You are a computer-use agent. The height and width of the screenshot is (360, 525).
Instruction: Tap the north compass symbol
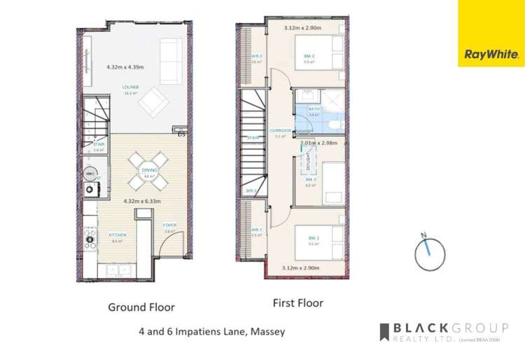[427, 252]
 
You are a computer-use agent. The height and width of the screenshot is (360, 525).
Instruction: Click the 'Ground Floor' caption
[141, 307]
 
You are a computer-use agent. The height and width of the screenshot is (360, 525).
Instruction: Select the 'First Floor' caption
[297, 303]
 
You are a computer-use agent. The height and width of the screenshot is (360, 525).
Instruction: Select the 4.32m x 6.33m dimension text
[142, 201]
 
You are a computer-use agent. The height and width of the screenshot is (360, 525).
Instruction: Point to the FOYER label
[169, 225]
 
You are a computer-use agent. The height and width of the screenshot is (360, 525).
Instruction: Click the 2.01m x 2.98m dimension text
[319, 143]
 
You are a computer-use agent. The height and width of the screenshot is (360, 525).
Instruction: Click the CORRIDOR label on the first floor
[279, 131]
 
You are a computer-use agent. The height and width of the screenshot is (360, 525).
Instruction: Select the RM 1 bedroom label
[313, 239]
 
